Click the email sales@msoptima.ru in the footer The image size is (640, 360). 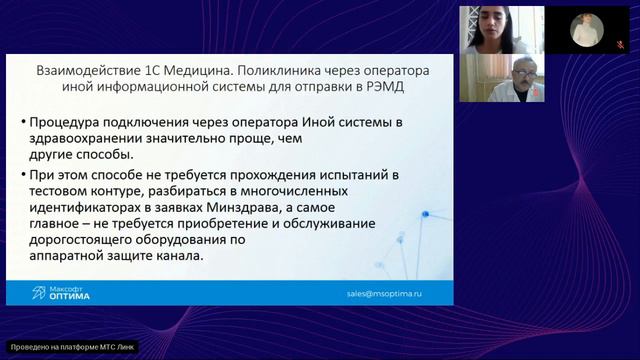tap(385, 295)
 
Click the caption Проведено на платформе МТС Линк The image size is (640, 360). tap(70, 347)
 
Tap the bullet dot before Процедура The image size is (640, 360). tap(22, 122)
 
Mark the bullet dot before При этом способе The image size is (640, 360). tap(22, 173)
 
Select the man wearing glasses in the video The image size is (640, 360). tap(521, 76)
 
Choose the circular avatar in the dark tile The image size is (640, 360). tap(584, 30)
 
